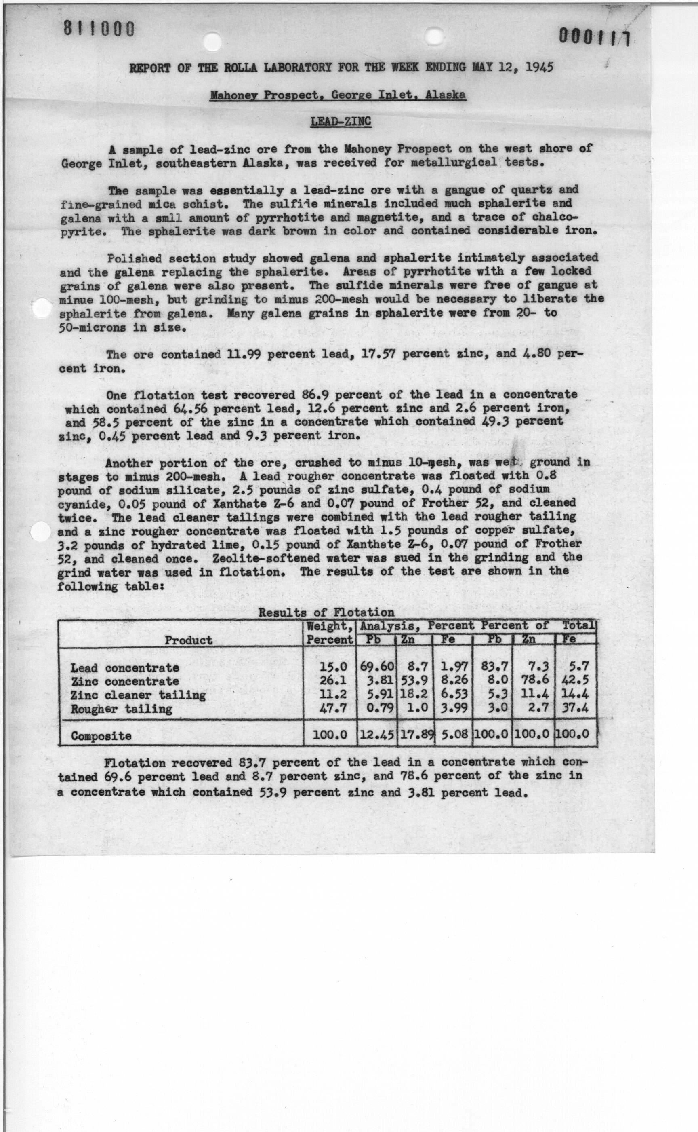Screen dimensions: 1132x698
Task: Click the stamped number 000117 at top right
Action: click(x=595, y=37)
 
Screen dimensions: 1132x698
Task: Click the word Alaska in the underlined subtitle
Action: click(x=446, y=95)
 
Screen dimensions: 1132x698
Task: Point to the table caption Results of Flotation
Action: click(x=326, y=612)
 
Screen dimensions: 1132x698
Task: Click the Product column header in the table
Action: click(x=189, y=640)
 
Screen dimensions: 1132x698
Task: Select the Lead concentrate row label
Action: click(x=125, y=668)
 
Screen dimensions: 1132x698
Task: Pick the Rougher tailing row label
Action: click(x=122, y=709)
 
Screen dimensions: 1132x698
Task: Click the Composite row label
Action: click(x=101, y=736)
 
